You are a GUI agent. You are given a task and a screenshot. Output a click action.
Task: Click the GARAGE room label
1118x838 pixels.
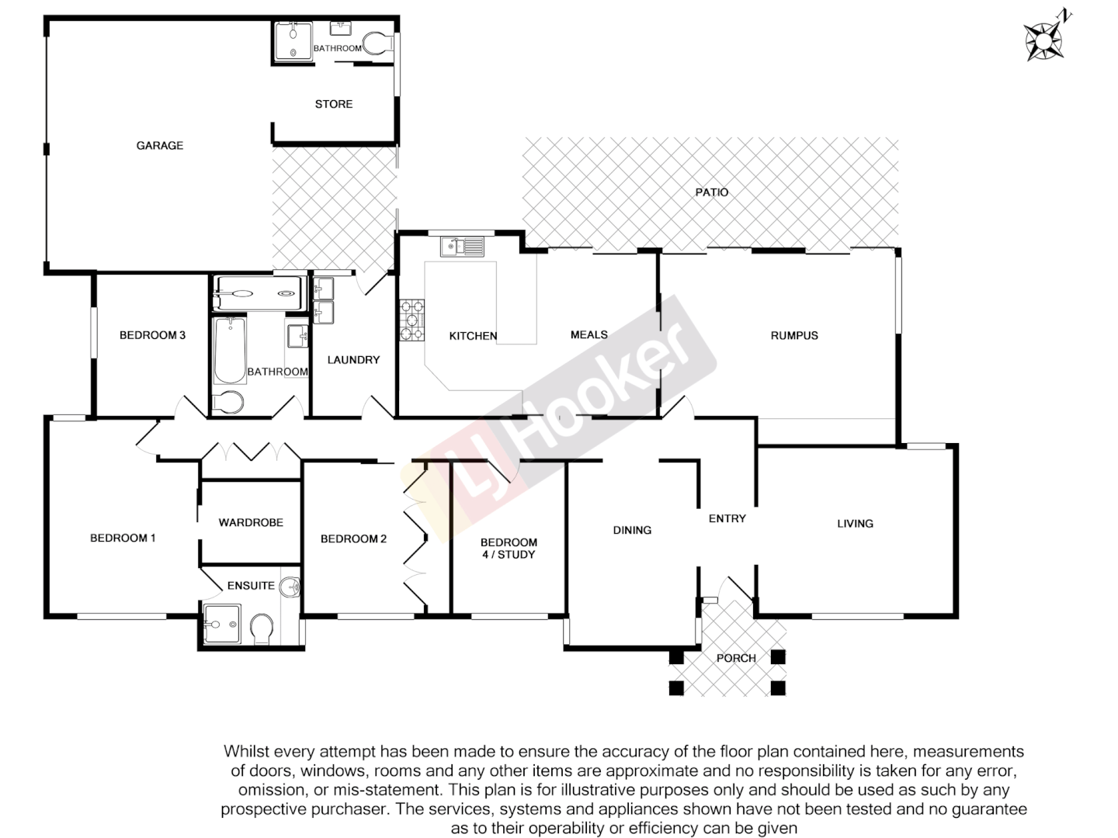(160, 145)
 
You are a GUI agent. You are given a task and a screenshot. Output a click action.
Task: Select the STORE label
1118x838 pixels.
(334, 104)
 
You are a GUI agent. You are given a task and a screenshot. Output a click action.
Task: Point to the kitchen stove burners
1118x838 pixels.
(412, 320)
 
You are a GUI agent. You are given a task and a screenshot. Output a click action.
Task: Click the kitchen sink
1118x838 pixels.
(462, 247)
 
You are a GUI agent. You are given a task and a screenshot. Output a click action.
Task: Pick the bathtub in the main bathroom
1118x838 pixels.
(230, 351)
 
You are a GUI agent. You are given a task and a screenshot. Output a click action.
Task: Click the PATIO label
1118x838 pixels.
(712, 192)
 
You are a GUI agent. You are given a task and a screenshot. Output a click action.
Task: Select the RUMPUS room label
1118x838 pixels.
(794, 335)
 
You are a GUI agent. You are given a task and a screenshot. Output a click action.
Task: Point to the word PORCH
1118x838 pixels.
(736, 658)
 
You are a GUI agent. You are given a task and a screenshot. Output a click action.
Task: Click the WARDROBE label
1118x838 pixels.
(251, 522)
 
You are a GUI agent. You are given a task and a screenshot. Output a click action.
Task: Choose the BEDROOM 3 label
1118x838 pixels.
(152, 335)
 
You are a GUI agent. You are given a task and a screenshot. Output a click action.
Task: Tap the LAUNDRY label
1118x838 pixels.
(353, 359)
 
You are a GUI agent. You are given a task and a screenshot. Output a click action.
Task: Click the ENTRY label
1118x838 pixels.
(727, 518)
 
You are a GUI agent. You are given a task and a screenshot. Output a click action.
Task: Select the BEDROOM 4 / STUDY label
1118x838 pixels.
(509, 548)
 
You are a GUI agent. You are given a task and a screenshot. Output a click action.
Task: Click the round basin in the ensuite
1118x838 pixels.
(290, 587)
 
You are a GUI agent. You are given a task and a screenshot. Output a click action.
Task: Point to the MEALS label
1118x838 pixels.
(589, 334)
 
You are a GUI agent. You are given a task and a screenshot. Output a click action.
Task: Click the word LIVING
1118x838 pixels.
(855, 524)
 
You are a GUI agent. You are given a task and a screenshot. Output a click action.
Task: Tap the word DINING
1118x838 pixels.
(632, 530)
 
